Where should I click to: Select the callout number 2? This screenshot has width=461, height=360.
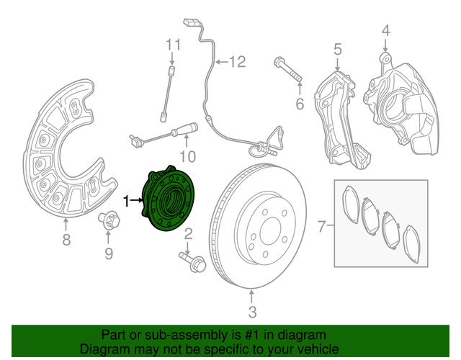(x=189, y=233)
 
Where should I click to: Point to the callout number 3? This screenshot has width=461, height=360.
(x=252, y=312)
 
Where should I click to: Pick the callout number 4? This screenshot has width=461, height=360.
(x=385, y=31)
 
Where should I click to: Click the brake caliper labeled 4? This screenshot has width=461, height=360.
(x=403, y=108)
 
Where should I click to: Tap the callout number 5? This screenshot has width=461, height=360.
(x=336, y=50)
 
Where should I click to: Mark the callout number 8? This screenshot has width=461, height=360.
(x=66, y=240)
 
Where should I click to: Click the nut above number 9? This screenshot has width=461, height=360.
(x=107, y=220)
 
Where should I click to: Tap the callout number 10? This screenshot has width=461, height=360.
(x=187, y=156)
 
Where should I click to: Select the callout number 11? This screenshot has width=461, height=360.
(x=171, y=45)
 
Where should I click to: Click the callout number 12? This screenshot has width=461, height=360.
(x=238, y=62)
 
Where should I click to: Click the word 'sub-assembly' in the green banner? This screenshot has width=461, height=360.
(x=188, y=336)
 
